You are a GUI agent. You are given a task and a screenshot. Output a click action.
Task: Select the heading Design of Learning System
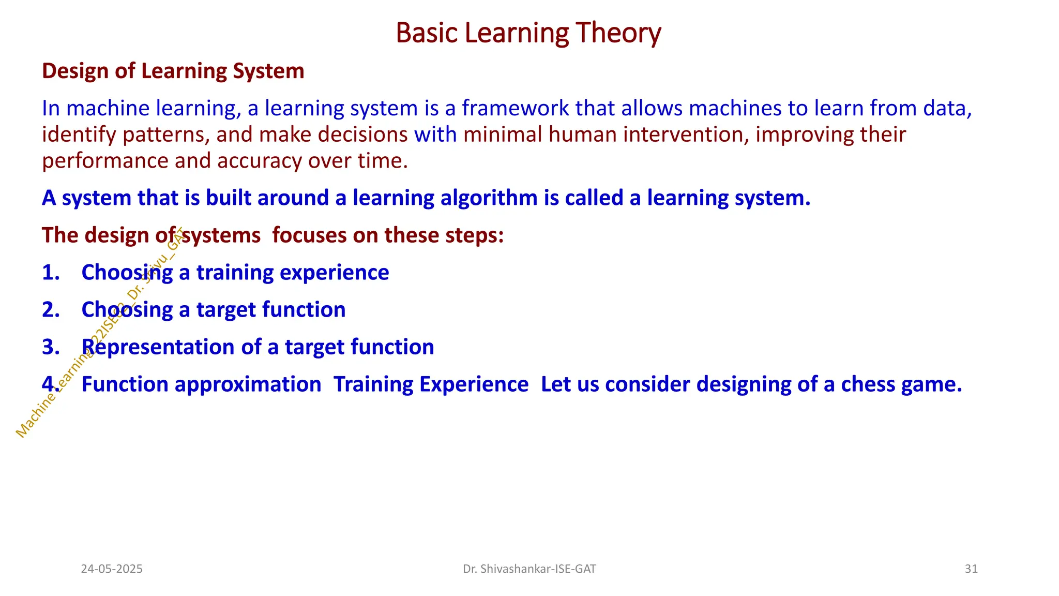click(173, 71)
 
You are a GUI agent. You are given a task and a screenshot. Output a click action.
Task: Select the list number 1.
click(50, 273)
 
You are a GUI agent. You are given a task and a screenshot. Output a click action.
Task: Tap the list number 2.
click(50, 310)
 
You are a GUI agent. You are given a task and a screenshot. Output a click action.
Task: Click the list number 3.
click(50, 347)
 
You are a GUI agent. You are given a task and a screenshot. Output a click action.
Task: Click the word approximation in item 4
click(248, 384)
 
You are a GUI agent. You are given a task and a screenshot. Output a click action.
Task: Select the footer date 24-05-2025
click(112, 569)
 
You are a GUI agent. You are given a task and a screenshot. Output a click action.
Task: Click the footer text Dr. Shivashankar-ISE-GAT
click(529, 569)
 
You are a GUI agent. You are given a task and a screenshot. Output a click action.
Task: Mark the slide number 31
click(971, 569)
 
